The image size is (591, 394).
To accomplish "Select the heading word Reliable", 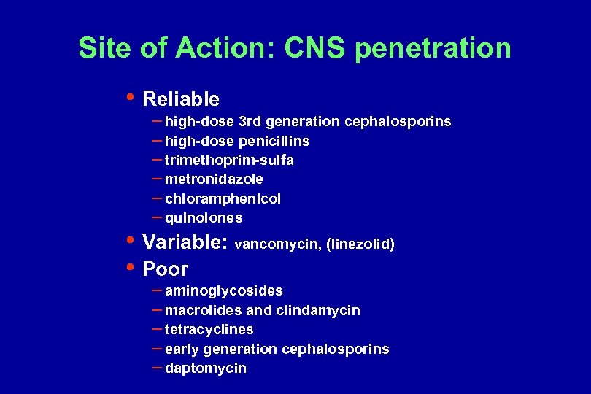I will coord(181,98).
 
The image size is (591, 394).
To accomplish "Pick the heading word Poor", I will coord(166,269).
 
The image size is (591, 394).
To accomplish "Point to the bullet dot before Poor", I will coord(130,266).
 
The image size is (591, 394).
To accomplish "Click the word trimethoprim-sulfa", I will coord(229,160).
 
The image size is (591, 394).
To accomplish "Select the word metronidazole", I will coord(214,179).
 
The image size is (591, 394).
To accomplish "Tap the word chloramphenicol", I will coord(223,198).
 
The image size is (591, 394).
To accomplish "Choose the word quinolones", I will coord(204,218).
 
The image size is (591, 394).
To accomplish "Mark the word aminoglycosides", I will coord(224,291).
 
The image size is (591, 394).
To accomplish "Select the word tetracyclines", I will coord(209,330).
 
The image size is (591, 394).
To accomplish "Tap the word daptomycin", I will coord(206,368).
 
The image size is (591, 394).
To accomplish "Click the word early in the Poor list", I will coord(181,349).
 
